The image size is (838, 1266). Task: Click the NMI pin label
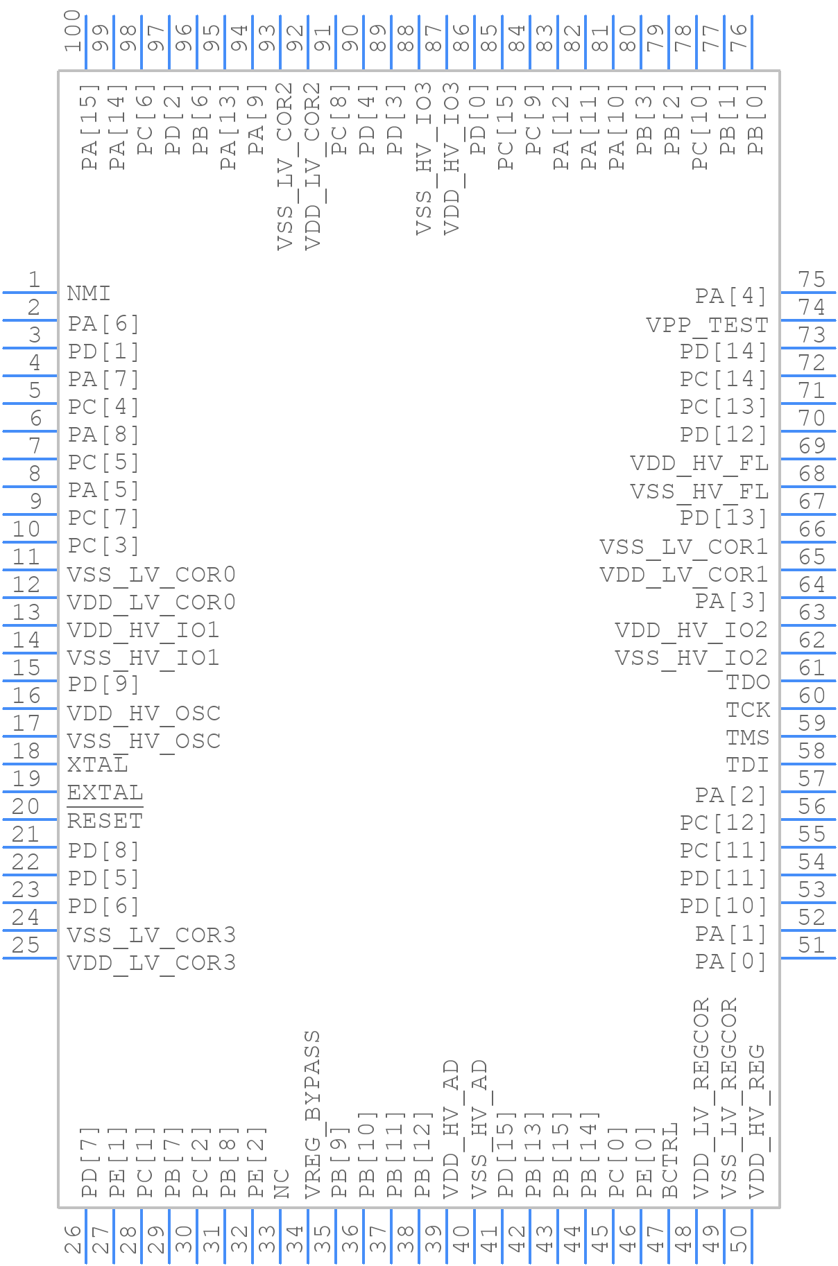[89, 293]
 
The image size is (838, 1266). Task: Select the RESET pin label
[105, 821]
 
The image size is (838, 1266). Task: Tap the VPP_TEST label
[707, 324]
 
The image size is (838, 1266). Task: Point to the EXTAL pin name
[105, 792]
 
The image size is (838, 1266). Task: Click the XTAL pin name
[98, 765]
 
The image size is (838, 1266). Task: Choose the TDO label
[747, 682]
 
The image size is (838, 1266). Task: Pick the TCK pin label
[747, 710]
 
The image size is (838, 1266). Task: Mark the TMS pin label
[747, 738]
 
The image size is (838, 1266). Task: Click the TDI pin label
[747, 765]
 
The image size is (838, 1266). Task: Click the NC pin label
[282, 1183]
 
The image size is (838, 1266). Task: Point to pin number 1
[33, 279]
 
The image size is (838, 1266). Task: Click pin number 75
[812, 279]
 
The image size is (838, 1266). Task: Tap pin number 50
[739, 1240]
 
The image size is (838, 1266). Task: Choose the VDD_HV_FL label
[699, 463]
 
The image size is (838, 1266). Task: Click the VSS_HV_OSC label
[144, 741]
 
